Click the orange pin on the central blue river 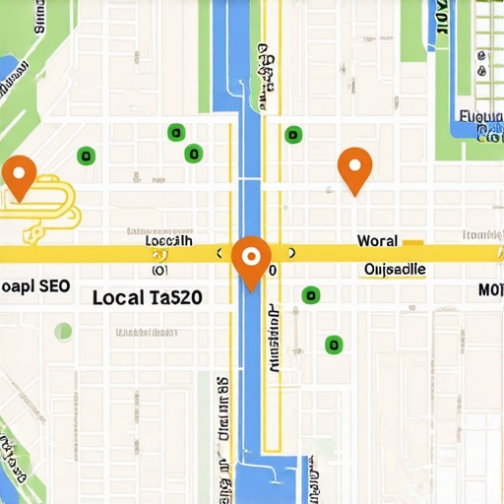(x=251, y=259)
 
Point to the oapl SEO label (x=34, y=286)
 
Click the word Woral (x=377, y=240)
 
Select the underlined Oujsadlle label (x=394, y=269)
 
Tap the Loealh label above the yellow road (x=168, y=239)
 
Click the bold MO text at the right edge (x=489, y=290)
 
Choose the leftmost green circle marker (x=86, y=155)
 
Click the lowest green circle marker (x=334, y=344)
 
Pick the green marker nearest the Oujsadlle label (x=311, y=293)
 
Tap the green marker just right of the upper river (x=292, y=135)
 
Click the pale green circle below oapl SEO (x=63, y=332)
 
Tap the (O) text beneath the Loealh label (x=160, y=269)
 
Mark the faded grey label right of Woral (x=482, y=235)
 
